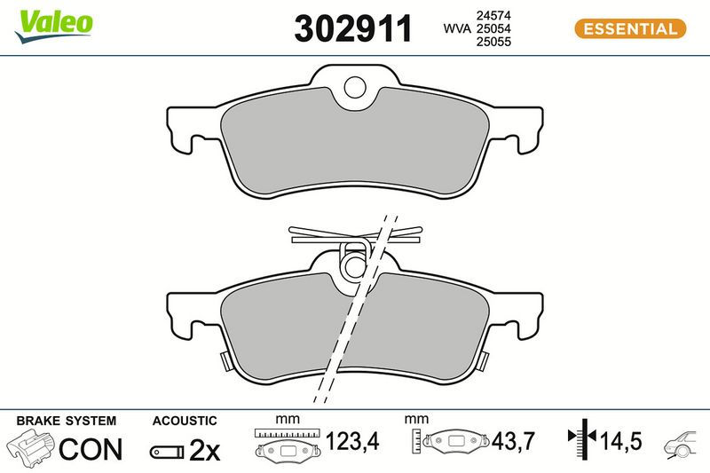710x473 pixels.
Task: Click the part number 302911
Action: tap(353, 28)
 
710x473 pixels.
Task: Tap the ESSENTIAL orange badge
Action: tap(630, 29)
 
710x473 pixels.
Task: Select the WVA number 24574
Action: tap(493, 15)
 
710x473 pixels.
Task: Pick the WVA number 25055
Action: tap(493, 42)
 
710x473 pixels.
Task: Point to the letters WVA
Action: tap(457, 28)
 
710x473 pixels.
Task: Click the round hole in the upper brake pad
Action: tap(354, 87)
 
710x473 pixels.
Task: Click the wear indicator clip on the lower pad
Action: tap(356, 236)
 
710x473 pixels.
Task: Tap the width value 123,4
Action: tap(352, 441)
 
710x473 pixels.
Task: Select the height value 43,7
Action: tap(514, 441)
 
